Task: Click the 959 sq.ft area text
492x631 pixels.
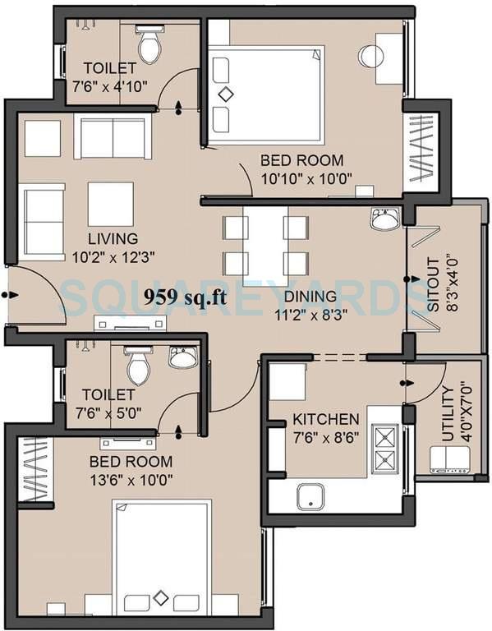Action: pos(185,297)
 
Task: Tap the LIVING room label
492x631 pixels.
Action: pos(114,238)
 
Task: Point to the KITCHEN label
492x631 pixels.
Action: pos(325,420)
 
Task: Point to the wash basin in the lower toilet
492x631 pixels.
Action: pos(182,357)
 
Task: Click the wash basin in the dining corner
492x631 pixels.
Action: pos(384,219)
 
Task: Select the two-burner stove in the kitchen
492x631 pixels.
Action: pos(384,449)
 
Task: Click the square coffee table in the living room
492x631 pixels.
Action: pos(110,204)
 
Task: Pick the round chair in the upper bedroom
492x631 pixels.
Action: pos(371,57)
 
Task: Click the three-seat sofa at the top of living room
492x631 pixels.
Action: pos(113,137)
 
